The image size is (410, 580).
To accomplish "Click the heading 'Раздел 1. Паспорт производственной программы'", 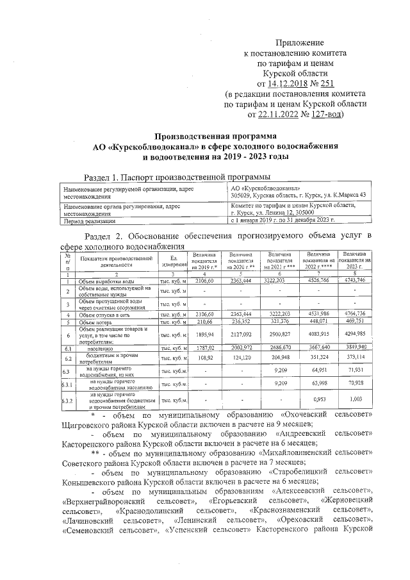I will tap(177, 176).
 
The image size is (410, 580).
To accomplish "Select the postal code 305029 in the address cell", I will tap(243, 195).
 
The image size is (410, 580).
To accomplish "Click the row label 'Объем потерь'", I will tap(96, 323).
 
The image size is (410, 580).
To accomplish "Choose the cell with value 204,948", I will tap(280, 358).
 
